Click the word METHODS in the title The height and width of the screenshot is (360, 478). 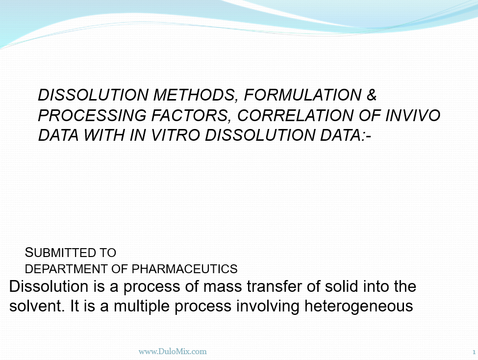coord(195,95)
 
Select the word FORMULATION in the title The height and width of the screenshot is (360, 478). coord(302,95)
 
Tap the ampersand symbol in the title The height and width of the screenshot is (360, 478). coord(372,95)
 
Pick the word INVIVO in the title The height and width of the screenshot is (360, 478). coord(413,115)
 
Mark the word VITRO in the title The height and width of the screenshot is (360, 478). coord(176,135)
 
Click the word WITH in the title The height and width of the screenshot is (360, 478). coord(104,135)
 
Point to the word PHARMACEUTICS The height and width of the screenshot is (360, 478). coord(184,269)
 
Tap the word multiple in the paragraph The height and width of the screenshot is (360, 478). coord(142,307)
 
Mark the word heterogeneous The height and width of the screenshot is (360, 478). coord(359,307)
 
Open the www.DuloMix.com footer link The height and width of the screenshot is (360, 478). coord(173,352)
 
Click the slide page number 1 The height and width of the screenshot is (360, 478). coord(474,352)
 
